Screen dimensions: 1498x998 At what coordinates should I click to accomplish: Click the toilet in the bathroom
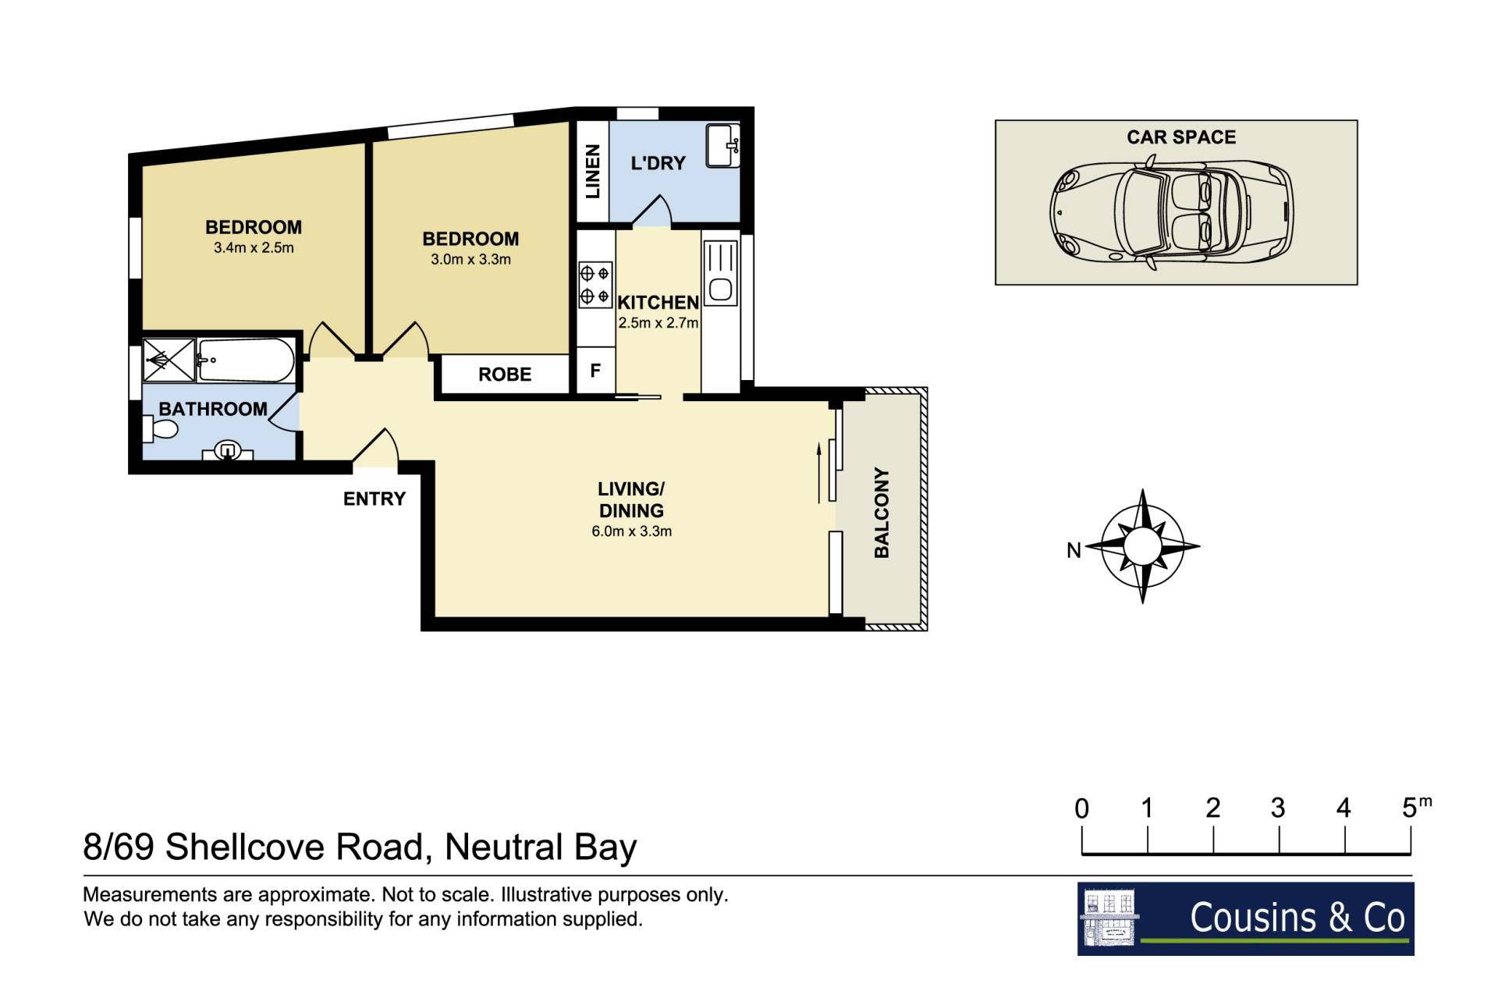point(161,428)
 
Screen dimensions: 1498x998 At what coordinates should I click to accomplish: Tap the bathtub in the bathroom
point(246,360)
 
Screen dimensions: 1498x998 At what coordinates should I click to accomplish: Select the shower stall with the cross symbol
point(169,360)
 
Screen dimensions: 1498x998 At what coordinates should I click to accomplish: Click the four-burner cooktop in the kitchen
point(595,285)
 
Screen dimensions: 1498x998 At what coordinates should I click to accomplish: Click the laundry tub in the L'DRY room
point(722,146)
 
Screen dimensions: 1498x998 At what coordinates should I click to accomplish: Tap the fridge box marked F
point(595,371)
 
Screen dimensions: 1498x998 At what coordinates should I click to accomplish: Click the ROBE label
point(505,375)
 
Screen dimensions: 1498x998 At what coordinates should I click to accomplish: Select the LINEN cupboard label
point(593,171)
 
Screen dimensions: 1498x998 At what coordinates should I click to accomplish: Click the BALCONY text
point(882,513)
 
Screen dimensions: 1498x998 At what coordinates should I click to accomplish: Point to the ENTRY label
point(374,499)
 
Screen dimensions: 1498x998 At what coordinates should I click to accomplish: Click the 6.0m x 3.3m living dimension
point(631,531)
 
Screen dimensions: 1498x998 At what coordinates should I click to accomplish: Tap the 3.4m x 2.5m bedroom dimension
point(254,248)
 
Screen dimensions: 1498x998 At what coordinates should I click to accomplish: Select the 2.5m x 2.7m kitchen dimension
point(658,322)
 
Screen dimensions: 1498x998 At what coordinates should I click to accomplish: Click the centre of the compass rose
point(1142,546)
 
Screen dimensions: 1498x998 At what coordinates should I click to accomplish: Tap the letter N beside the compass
point(1074,550)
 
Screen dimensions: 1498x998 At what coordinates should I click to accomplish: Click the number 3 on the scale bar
point(1278,808)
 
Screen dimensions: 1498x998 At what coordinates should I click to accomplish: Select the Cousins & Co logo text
point(1297,917)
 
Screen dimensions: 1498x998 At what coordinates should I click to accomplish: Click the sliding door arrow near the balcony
point(819,473)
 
